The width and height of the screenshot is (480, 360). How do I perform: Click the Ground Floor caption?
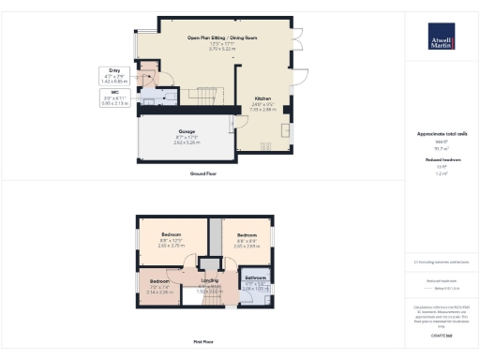(204, 174)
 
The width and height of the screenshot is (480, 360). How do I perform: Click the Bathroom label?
(256, 281)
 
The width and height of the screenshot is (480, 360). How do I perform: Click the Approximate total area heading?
(441, 134)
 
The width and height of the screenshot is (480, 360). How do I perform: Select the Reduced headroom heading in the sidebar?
(441, 160)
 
